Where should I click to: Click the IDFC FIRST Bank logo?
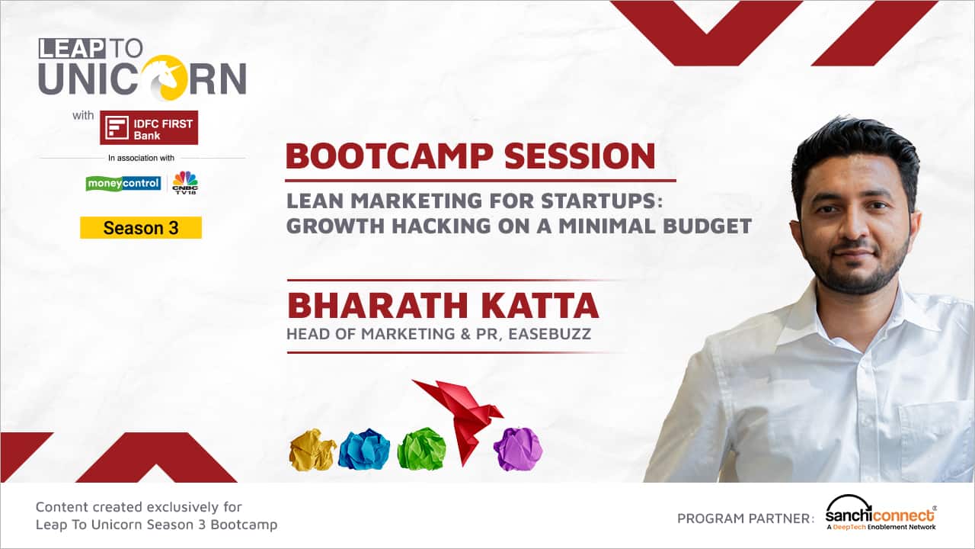point(149,127)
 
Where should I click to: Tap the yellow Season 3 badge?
point(141,227)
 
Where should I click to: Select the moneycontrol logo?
point(123,184)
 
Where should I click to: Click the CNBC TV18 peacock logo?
point(185,182)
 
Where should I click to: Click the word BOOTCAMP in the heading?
point(389,156)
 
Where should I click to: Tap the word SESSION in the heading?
point(580,156)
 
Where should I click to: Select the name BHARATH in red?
point(377,306)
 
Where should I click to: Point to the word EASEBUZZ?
point(550,334)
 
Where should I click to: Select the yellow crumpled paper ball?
point(312,450)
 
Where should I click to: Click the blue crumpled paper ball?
point(364,449)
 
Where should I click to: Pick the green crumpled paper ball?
point(421,449)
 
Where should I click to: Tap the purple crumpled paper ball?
point(518,449)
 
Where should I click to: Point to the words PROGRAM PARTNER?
point(746,518)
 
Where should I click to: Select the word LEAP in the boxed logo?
point(72,48)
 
